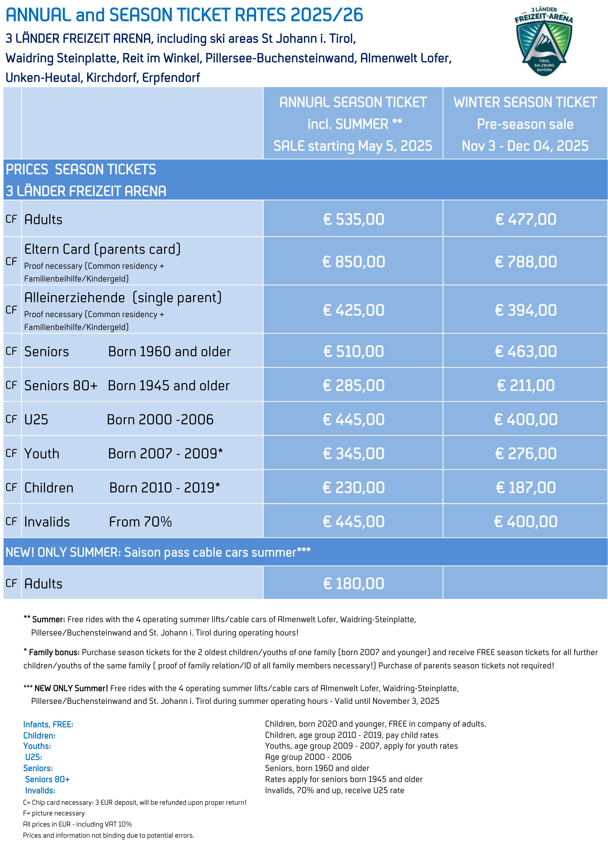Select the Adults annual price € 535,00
click(x=353, y=219)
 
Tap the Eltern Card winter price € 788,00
click(x=525, y=262)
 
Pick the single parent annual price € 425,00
click(x=353, y=310)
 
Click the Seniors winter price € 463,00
click(x=525, y=351)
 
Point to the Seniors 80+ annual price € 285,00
click(x=353, y=385)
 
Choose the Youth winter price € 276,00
click(x=525, y=453)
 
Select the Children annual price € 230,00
click(x=353, y=488)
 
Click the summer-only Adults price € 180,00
click(x=353, y=583)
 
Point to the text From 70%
click(x=140, y=522)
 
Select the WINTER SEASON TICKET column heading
click(x=525, y=102)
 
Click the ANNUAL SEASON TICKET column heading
click(x=353, y=102)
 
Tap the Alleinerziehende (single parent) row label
click(x=123, y=298)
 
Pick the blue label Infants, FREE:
click(x=48, y=724)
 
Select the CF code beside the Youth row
click(x=11, y=453)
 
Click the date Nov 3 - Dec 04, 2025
click(x=525, y=146)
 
